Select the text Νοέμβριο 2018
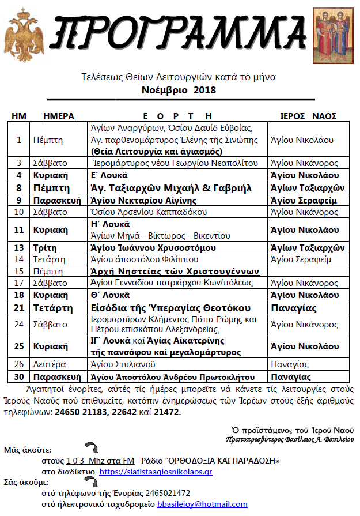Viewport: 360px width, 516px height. (179, 91)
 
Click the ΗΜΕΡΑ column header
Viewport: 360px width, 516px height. (59, 116)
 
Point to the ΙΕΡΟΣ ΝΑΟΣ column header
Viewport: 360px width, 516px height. (308, 116)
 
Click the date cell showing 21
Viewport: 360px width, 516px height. (19, 308)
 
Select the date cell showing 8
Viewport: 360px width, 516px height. (19, 188)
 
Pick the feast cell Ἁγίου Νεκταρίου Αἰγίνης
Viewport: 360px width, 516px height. (144, 200)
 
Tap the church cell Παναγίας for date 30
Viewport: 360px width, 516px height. (291, 377)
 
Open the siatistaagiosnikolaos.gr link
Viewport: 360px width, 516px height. (156, 472)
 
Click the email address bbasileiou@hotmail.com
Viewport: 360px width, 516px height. (202, 504)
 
